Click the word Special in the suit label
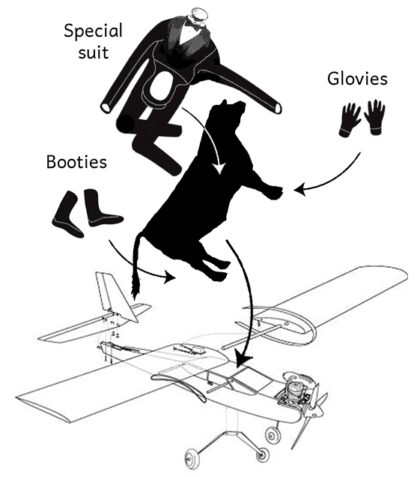tap(93, 31)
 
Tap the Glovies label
tap(357, 79)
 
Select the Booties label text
tap(76, 162)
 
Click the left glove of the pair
tap(349, 120)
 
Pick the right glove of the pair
tap(375, 117)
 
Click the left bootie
tap(68, 214)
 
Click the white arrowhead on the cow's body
tap(219, 168)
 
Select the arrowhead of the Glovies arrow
tap(299, 190)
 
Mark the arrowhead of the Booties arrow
tap(171, 276)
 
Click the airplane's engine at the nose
tap(296, 391)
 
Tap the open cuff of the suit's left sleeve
tap(107, 107)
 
